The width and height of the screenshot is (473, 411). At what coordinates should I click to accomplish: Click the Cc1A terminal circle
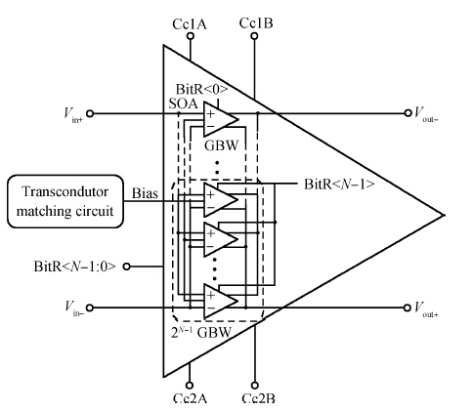pos(191,36)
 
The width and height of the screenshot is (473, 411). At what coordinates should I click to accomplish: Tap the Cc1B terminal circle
pos(254,36)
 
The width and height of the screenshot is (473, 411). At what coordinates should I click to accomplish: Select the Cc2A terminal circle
pos(189,386)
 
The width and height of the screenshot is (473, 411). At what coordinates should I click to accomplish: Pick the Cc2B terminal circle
pos(255,386)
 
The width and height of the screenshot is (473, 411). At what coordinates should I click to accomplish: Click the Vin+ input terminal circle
pos(90,113)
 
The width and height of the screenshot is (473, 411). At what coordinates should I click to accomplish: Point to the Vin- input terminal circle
pos(90,308)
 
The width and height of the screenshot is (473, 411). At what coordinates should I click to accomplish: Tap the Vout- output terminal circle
pos(408,113)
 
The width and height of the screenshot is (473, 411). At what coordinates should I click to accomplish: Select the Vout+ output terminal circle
pos(407,308)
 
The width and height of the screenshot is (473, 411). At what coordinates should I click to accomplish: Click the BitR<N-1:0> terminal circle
pos(127,267)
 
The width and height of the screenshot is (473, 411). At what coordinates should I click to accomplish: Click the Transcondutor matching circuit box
pos(65,201)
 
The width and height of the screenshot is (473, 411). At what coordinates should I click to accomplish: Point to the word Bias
pos(145,193)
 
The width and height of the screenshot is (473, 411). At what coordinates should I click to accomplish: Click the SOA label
pos(184,103)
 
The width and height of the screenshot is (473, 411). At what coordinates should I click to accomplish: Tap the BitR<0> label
pos(201,89)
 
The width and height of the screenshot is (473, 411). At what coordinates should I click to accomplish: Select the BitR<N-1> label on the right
pos(339,185)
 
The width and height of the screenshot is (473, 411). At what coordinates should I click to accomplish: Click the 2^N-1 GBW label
pos(201,332)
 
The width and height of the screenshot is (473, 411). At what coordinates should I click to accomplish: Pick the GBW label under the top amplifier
pos(222,145)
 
